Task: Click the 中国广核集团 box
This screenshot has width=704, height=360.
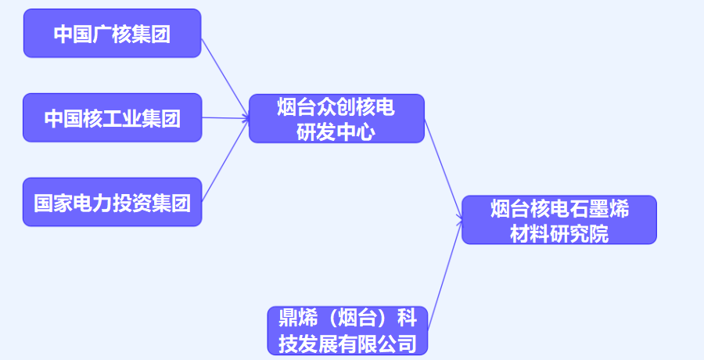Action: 112,34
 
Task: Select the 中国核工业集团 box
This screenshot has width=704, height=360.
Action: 112,118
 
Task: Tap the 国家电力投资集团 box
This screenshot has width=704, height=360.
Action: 112,203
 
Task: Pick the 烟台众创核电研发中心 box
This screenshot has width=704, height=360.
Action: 336,118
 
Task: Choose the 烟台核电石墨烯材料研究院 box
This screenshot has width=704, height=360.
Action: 559,220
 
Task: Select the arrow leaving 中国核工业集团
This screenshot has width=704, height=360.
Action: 225,118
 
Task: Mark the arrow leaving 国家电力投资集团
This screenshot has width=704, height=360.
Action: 225,160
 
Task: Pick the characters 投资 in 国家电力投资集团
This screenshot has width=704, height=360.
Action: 132,203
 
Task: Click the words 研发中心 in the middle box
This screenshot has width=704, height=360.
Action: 336,131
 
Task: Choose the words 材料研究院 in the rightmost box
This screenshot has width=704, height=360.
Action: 559,232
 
